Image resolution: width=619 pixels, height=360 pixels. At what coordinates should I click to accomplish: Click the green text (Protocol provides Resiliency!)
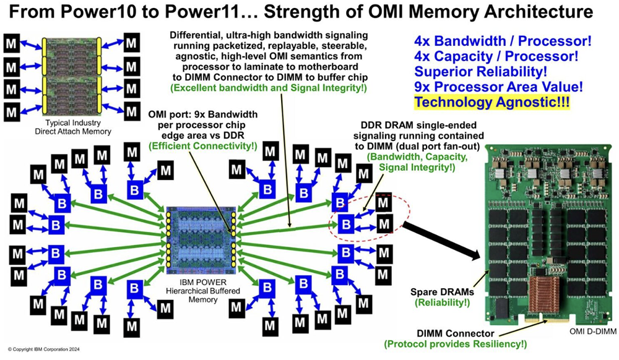click(455, 344)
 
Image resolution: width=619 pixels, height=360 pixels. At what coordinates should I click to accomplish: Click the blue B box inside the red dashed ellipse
click(347, 222)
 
